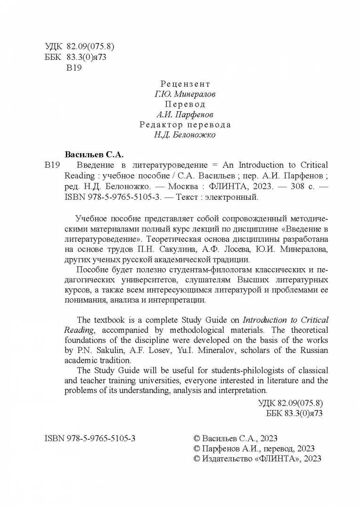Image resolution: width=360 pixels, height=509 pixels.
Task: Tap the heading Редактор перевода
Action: [x=185, y=125]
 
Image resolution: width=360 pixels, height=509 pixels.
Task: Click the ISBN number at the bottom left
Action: [x=90, y=438]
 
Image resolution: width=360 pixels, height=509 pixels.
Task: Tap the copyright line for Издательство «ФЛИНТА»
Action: [x=257, y=459]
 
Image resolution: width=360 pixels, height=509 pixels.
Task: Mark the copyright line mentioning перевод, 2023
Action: [x=254, y=448]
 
